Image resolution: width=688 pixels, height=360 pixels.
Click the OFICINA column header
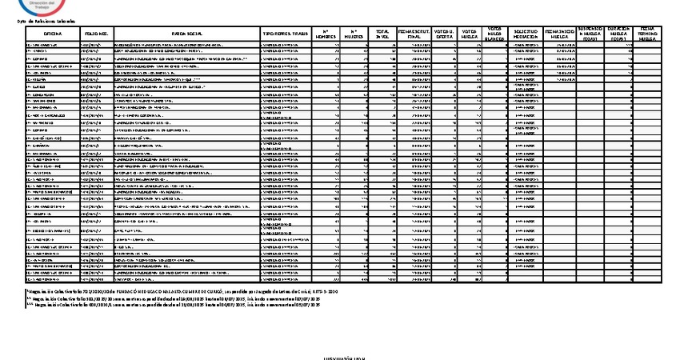point(53,34)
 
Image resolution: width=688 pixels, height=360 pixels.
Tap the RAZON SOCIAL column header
point(185,34)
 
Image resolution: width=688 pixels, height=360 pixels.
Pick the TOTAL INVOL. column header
point(383,34)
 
